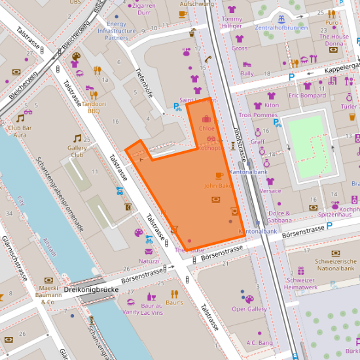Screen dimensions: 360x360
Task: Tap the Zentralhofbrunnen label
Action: [281, 28]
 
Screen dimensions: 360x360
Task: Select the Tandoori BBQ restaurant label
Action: [84, 107]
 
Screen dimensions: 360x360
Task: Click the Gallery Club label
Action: [77, 152]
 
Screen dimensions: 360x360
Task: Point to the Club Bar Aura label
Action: [26, 131]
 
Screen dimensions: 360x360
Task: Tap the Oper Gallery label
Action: [249, 309]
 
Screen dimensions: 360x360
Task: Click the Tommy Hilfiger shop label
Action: [232, 22]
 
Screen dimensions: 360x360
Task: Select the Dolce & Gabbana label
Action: [279, 217]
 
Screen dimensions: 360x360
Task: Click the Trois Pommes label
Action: [258, 115]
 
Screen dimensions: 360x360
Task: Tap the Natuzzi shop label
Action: [149, 261]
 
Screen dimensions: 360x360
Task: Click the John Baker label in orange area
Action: [219, 186]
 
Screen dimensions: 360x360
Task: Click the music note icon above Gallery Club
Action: [77, 138]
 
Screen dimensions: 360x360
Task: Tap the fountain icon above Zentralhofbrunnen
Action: [281, 18]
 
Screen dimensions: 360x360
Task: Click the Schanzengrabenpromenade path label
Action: [60, 194]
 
